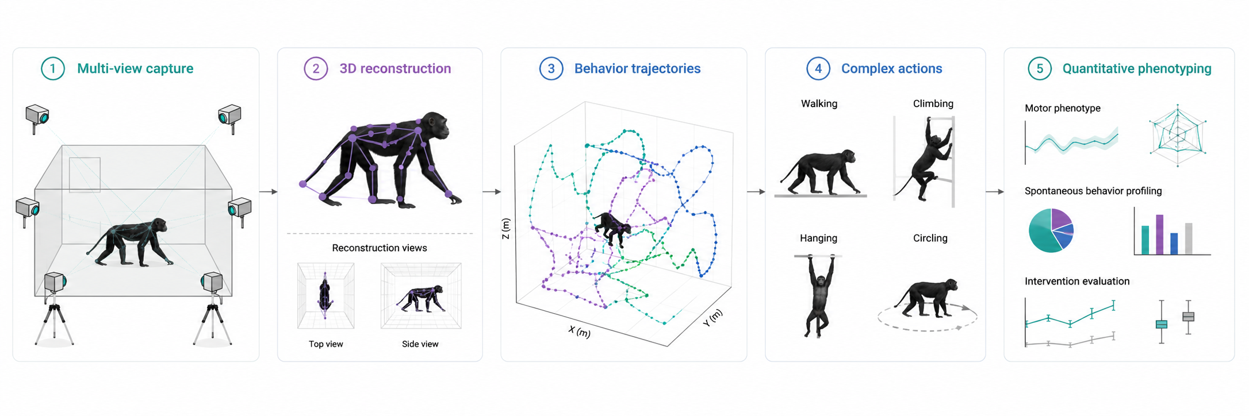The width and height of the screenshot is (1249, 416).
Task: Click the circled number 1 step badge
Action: click(53, 69)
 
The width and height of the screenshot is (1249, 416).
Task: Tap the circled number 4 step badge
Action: click(818, 69)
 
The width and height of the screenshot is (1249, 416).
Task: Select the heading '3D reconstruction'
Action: click(395, 69)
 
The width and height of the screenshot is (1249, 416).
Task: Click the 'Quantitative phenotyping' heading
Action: click(1137, 69)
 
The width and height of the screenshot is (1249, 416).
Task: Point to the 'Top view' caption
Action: click(325, 344)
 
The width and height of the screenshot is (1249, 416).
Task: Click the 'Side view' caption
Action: click(420, 344)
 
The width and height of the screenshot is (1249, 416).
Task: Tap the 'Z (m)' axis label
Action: click(506, 229)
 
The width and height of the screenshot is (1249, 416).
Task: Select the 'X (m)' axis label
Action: click(579, 332)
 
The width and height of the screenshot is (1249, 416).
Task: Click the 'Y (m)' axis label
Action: click(712, 318)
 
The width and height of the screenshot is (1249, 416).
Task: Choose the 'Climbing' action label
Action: click(933, 104)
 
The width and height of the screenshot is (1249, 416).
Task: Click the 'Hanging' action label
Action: click(818, 238)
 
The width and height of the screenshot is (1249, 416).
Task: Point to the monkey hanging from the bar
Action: click(818, 296)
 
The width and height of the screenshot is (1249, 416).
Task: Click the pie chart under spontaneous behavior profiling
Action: click(1051, 230)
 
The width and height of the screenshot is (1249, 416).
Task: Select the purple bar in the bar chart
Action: click(1159, 234)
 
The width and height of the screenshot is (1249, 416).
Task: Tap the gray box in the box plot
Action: click(1188, 317)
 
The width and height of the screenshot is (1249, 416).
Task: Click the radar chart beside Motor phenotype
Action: click(1177, 136)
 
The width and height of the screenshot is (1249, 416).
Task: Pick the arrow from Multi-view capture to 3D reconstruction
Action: click(269, 191)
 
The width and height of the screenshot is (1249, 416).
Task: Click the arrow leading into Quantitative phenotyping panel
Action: click(995, 191)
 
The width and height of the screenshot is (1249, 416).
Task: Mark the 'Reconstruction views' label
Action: click(380, 248)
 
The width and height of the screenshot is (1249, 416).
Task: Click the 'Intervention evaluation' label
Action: click(1077, 282)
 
